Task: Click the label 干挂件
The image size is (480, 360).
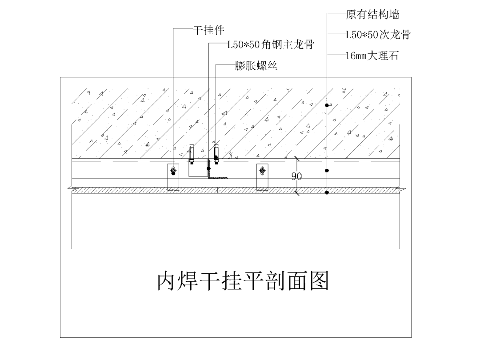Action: click(208, 30)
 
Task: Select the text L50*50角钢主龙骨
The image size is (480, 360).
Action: click(271, 44)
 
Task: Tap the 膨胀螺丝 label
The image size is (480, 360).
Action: click(256, 67)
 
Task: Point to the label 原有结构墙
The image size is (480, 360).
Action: click(372, 15)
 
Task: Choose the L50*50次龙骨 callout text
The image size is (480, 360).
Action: click(378, 34)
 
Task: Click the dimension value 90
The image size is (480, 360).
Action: click(296, 176)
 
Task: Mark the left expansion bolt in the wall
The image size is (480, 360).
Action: click(192, 153)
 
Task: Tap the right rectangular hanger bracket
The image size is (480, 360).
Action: click(262, 176)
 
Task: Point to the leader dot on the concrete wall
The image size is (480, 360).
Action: click(327, 105)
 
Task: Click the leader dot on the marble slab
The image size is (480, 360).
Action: click(327, 192)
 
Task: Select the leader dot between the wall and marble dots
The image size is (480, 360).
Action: click(327, 170)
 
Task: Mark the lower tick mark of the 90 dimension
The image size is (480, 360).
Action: click(296, 192)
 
